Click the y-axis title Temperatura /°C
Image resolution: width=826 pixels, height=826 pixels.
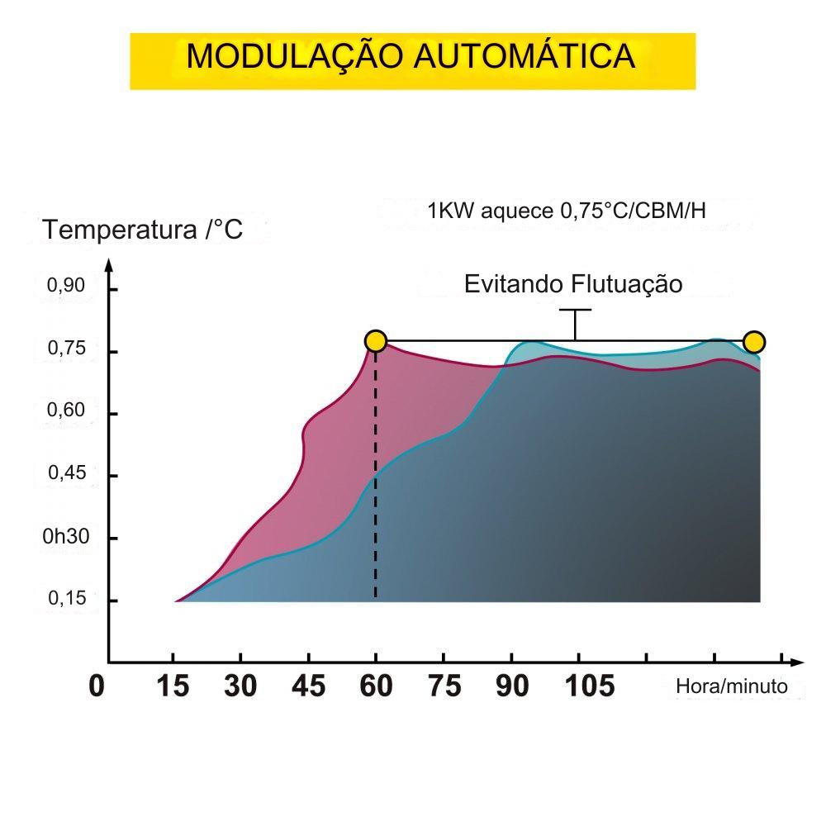click(143, 229)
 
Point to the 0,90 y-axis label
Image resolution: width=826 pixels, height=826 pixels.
click(66, 286)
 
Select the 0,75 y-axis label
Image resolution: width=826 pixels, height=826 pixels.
click(66, 349)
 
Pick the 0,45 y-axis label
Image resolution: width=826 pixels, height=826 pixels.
click(66, 473)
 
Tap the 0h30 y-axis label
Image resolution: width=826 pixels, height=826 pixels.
click(65, 536)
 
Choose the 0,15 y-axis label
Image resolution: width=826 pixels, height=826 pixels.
click(66, 598)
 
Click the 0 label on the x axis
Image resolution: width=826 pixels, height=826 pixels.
click(97, 686)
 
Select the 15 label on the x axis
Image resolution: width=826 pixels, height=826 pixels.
click(173, 686)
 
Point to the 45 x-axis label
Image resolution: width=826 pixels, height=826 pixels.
click(309, 686)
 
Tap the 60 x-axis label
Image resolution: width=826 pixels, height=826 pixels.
click(377, 686)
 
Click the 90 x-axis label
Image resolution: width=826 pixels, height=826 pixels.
click(512, 686)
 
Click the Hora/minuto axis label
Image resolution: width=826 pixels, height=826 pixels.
click(732, 686)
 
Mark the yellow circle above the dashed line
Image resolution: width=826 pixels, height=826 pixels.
click(376, 341)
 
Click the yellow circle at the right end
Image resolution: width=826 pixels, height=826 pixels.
click(754, 341)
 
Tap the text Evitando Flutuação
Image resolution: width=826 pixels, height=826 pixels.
click(573, 284)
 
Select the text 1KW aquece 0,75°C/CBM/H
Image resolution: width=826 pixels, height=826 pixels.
click(567, 211)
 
